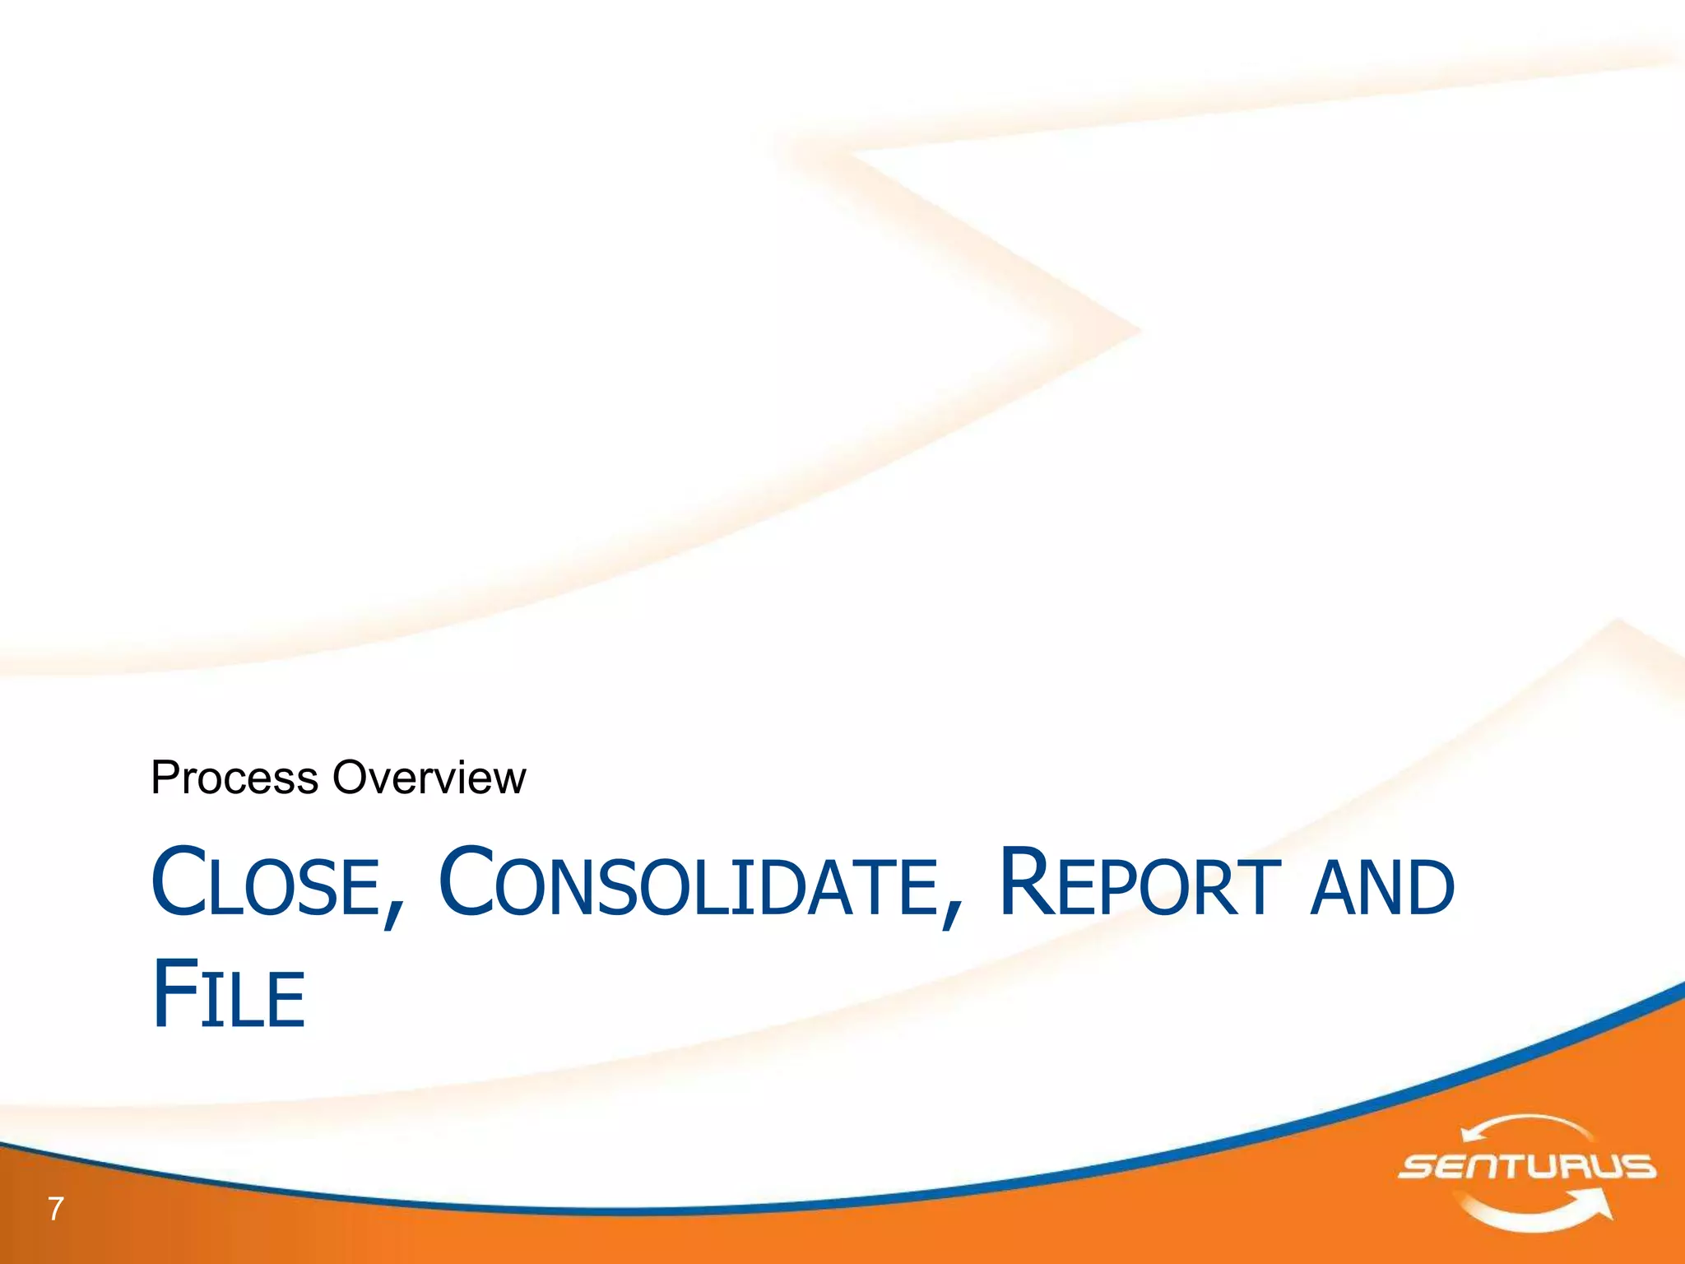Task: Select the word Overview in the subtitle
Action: click(x=429, y=778)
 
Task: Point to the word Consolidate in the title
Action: click(x=688, y=884)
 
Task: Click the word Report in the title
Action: click(x=1140, y=884)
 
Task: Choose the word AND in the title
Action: click(x=1382, y=887)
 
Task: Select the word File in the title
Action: click(x=229, y=996)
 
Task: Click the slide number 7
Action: click(x=55, y=1209)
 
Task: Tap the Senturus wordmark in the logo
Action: click(x=1526, y=1167)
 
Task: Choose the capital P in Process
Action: click(x=165, y=778)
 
